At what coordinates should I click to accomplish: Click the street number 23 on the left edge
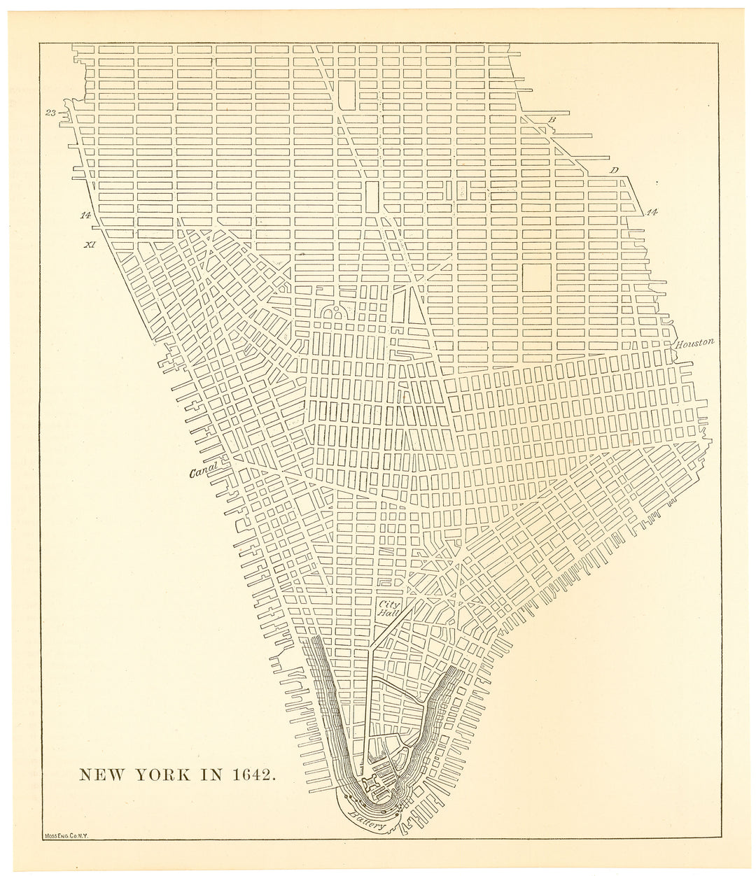pyautogui.click(x=51, y=113)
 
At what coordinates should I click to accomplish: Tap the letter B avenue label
pyautogui.click(x=552, y=120)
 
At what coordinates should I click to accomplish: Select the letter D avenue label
pyautogui.click(x=614, y=170)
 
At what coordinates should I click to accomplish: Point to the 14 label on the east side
pyautogui.click(x=652, y=211)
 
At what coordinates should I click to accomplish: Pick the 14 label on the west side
pyautogui.click(x=85, y=215)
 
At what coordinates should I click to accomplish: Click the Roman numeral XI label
pyautogui.click(x=88, y=245)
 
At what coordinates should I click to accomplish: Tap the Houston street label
pyautogui.click(x=694, y=343)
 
